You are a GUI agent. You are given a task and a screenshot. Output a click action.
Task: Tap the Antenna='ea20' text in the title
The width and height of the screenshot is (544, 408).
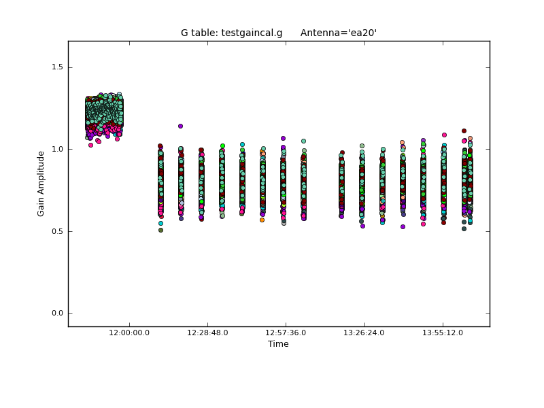click(339, 33)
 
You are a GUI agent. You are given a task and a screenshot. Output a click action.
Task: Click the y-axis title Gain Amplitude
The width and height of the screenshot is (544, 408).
click(41, 184)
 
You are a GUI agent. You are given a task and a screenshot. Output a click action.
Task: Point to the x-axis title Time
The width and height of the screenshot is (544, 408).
click(278, 344)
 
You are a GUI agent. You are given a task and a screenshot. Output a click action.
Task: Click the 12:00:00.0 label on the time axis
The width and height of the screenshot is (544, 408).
click(129, 333)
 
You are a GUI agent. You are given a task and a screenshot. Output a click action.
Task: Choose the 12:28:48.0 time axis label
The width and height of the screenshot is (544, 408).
click(207, 333)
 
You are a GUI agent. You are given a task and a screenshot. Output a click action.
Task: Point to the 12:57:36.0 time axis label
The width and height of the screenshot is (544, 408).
click(286, 333)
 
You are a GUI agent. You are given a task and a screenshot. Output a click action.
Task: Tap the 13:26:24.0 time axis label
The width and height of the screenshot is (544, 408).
click(364, 333)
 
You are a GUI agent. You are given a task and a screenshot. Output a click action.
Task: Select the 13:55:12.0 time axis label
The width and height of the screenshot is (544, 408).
click(443, 333)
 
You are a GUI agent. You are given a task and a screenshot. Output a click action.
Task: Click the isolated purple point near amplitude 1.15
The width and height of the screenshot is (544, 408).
click(180, 126)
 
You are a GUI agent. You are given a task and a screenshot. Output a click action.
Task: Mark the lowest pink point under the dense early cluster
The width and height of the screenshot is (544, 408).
click(90, 145)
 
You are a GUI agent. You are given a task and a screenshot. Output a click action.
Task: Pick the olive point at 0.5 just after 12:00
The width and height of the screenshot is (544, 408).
click(160, 230)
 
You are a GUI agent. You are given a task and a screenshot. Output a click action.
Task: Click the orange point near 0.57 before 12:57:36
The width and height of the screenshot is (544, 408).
click(262, 220)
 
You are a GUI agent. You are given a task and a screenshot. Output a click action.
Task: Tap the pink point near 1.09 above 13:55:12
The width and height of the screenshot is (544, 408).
click(444, 135)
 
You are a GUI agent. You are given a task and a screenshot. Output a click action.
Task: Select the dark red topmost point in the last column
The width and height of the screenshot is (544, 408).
click(464, 131)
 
